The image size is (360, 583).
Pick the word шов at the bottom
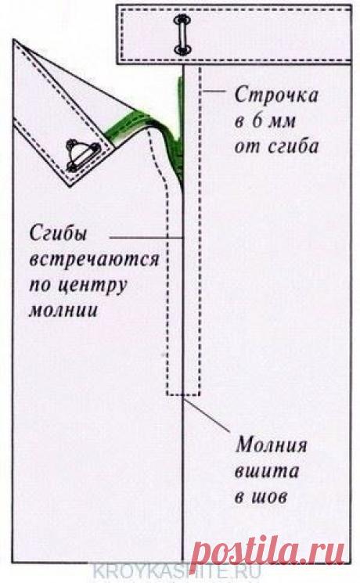pyautogui.click(x=273, y=498)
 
